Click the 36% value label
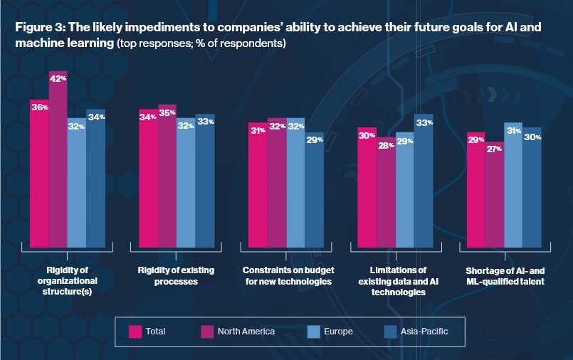(40, 107)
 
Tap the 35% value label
(167, 112)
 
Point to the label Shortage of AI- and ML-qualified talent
(505, 276)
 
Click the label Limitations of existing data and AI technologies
(396, 281)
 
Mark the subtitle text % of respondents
(246, 43)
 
